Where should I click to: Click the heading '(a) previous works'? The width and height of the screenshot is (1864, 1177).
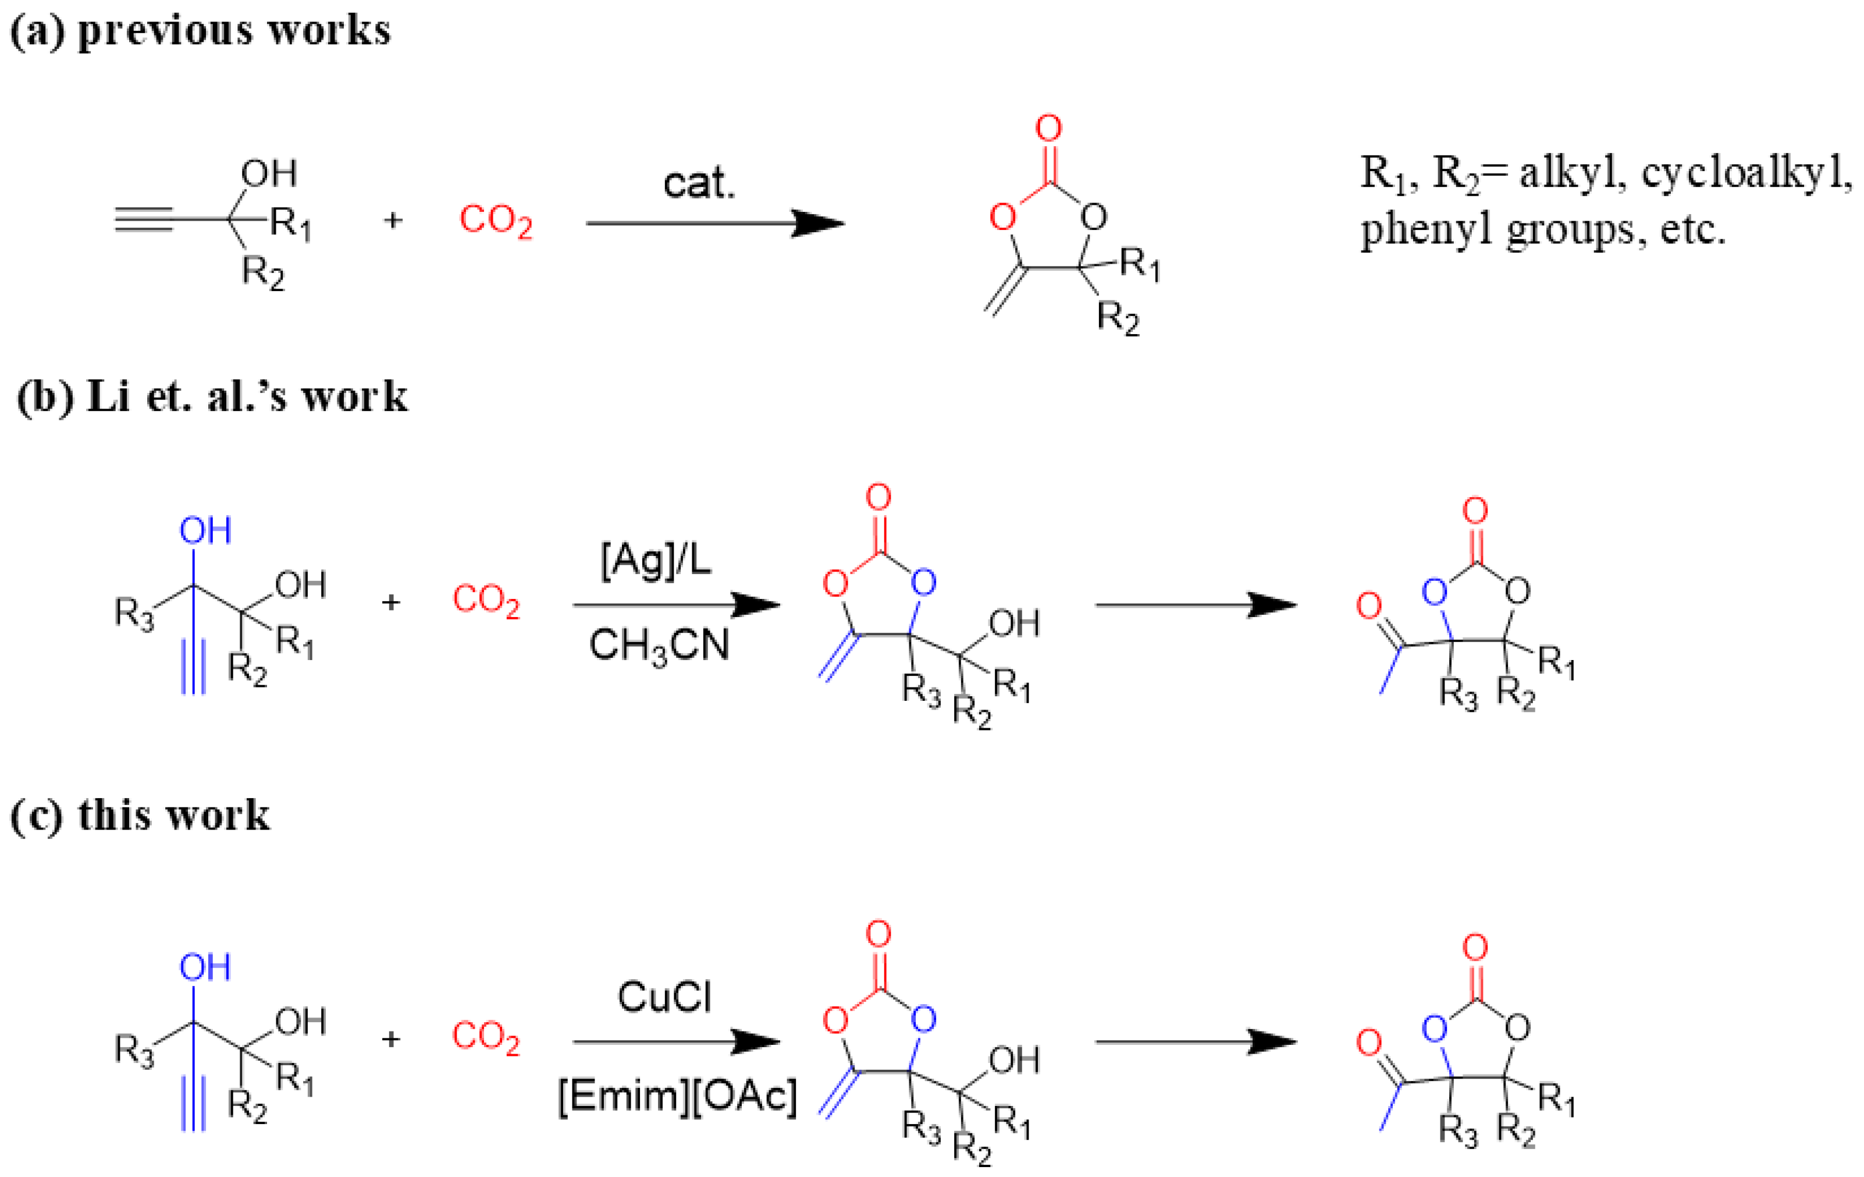coord(200,31)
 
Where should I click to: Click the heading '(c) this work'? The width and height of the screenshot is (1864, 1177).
coord(140,816)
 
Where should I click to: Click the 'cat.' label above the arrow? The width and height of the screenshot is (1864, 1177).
coord(698,183)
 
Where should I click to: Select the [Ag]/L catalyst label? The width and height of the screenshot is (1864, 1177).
coord(656,560)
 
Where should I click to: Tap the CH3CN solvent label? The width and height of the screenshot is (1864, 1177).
coord(659,645)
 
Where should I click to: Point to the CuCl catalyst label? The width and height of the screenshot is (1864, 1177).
coord(664,997)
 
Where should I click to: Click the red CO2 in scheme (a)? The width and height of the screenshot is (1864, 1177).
coord(496,221)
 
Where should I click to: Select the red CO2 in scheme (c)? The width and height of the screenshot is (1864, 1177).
coord(485,1036)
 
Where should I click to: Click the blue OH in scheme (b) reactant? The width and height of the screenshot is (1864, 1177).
coord(205,531)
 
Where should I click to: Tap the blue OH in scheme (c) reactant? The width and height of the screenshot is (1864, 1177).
coord(205,967)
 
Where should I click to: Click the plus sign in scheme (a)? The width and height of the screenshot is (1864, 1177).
coord(393,221)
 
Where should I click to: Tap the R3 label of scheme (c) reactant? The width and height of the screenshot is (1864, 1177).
coord(134,1051)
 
